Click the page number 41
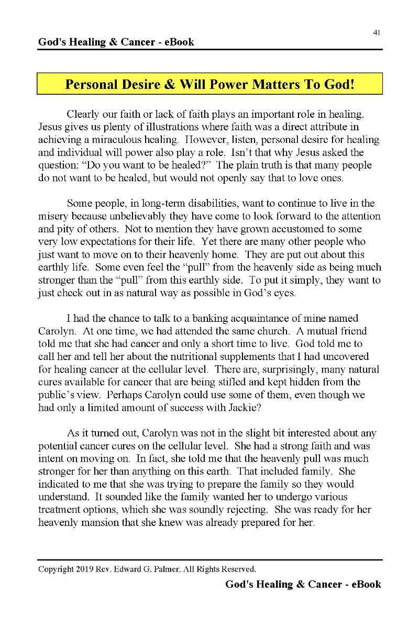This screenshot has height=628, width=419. [x=377, y=32]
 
